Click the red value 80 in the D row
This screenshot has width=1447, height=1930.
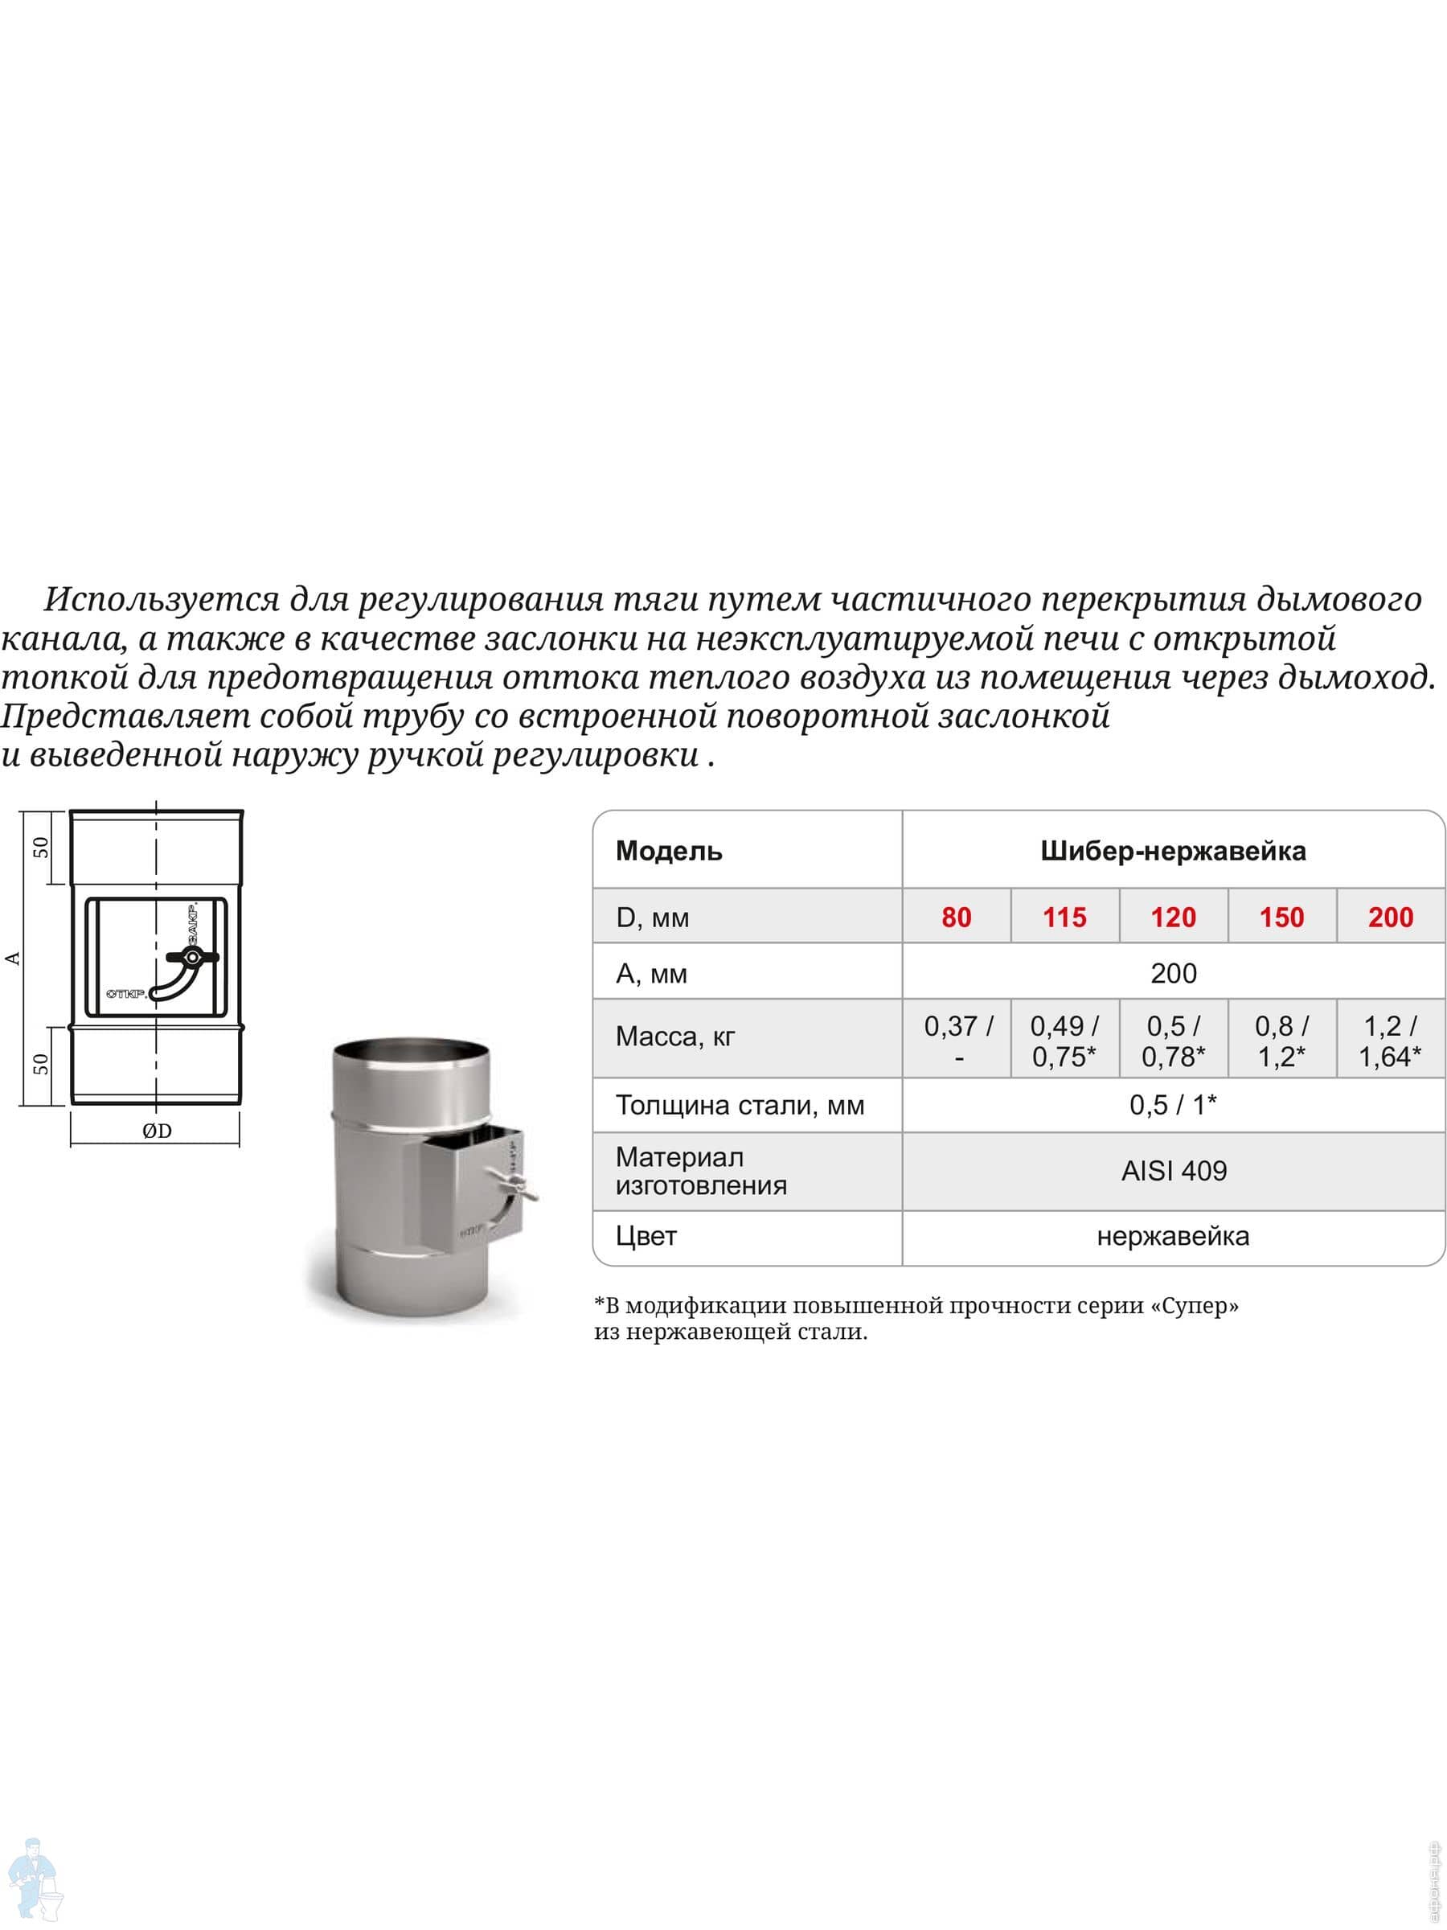point(956,917)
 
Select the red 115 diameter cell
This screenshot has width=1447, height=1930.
point(1064,917)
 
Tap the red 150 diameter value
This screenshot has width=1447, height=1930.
point(1281,917)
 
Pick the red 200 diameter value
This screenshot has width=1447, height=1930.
point(1390,917)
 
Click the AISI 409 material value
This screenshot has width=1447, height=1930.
point(1173,1171)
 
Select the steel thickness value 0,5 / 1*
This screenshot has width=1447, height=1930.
point(1173,1105)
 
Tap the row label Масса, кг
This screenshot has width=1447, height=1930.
point(675,1037)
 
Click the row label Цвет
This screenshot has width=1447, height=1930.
point(646,1235)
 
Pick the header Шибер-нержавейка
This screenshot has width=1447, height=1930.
point(1173,851)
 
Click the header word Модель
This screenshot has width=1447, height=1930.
point(669,851)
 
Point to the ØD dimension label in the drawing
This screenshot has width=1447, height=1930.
point(157,1131)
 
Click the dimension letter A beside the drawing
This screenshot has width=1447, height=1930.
point(13,958)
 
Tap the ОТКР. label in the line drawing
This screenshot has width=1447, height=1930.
point(126,994)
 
